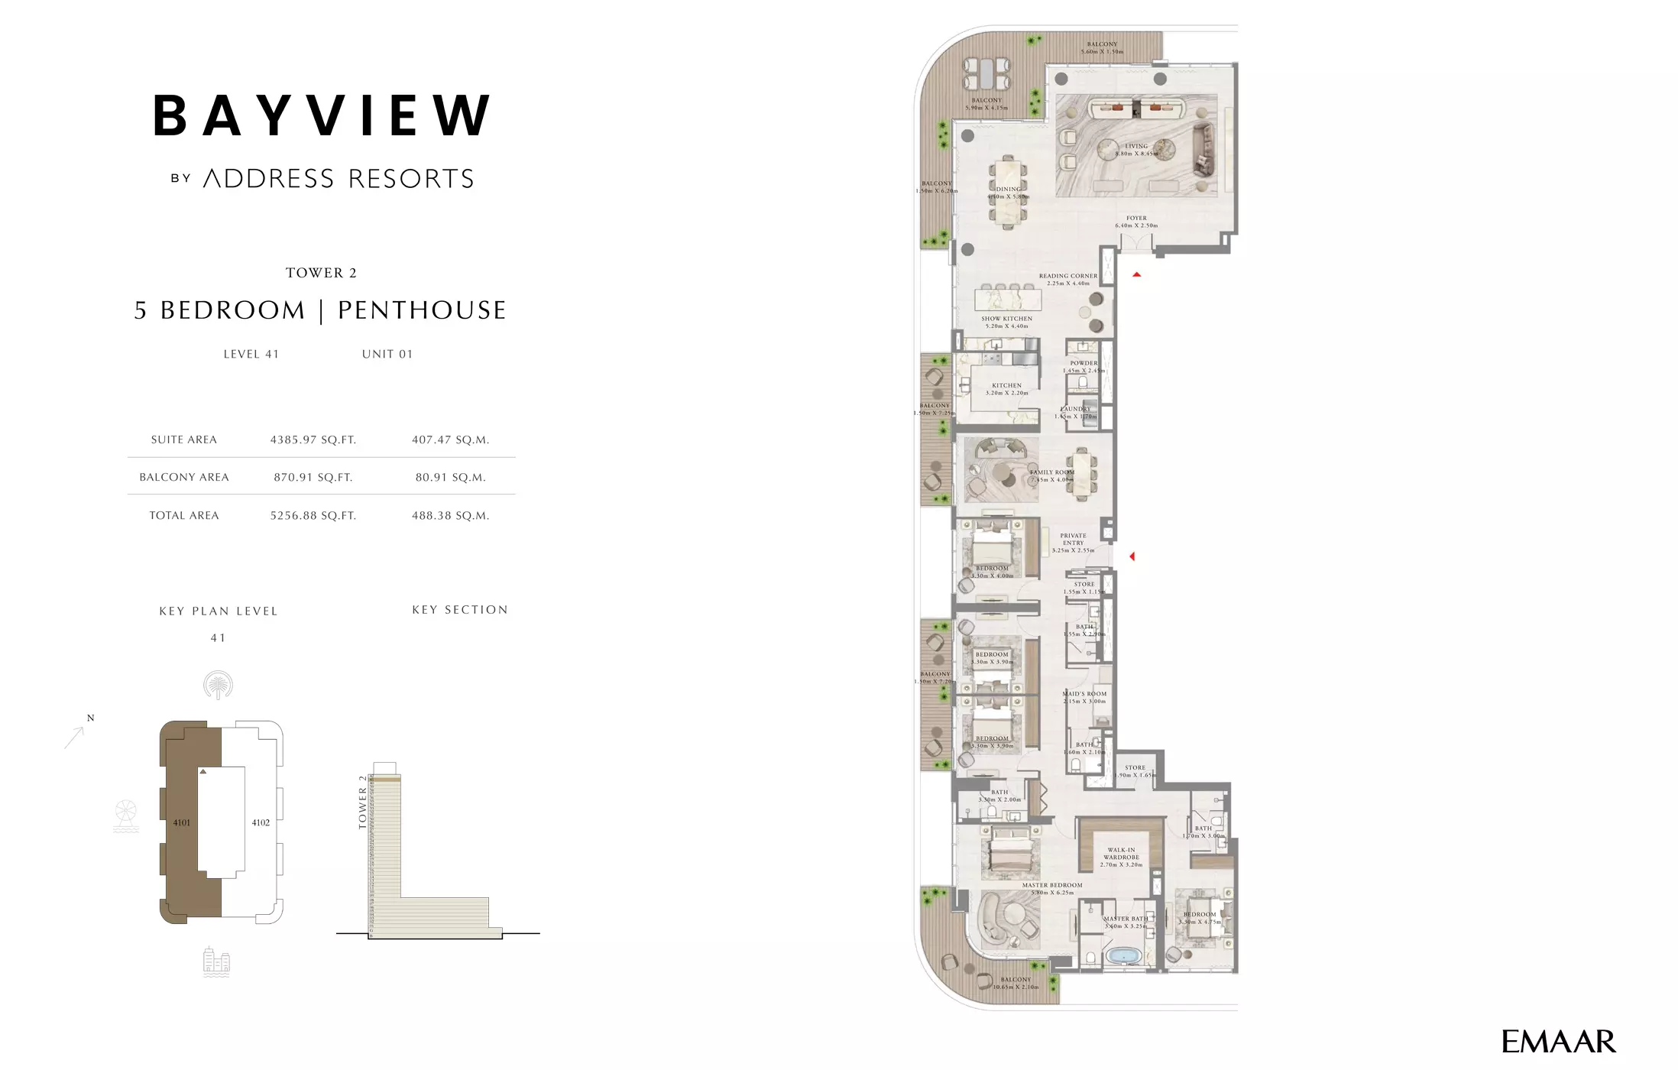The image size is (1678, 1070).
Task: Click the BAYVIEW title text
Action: click(322, 115)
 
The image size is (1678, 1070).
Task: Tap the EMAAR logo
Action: click(1558, 1042)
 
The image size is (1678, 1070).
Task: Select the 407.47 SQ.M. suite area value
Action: click(450, 439)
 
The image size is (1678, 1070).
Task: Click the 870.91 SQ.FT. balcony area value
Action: click(313, 478)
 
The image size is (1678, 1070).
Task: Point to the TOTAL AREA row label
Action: click(184, 516)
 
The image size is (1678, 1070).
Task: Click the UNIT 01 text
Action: click(387, 354)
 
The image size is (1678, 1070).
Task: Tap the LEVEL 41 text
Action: click(251, 354)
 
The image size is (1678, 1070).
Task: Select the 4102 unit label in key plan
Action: click(261, 823)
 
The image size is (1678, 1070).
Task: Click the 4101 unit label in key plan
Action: click(181, 823)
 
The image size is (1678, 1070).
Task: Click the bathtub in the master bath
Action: click(1122, 955)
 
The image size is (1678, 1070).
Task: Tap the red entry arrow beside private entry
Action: click(1132, 556)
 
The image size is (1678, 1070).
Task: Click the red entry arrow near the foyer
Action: click(1137, 274)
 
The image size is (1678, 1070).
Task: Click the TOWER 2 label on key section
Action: click(363, 802)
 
